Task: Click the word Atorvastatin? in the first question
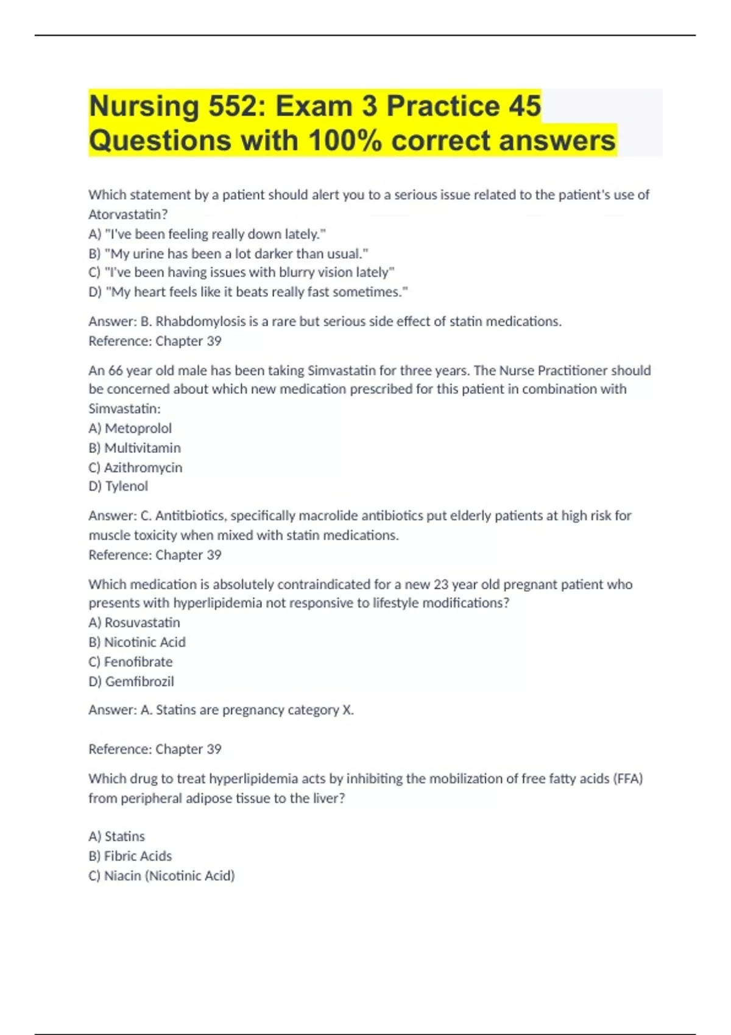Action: tap(128, 214)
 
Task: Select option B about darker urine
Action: tap(228, 253)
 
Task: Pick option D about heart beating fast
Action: tap(248, 292)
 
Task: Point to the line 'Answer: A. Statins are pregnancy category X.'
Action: tap(221, 710)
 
